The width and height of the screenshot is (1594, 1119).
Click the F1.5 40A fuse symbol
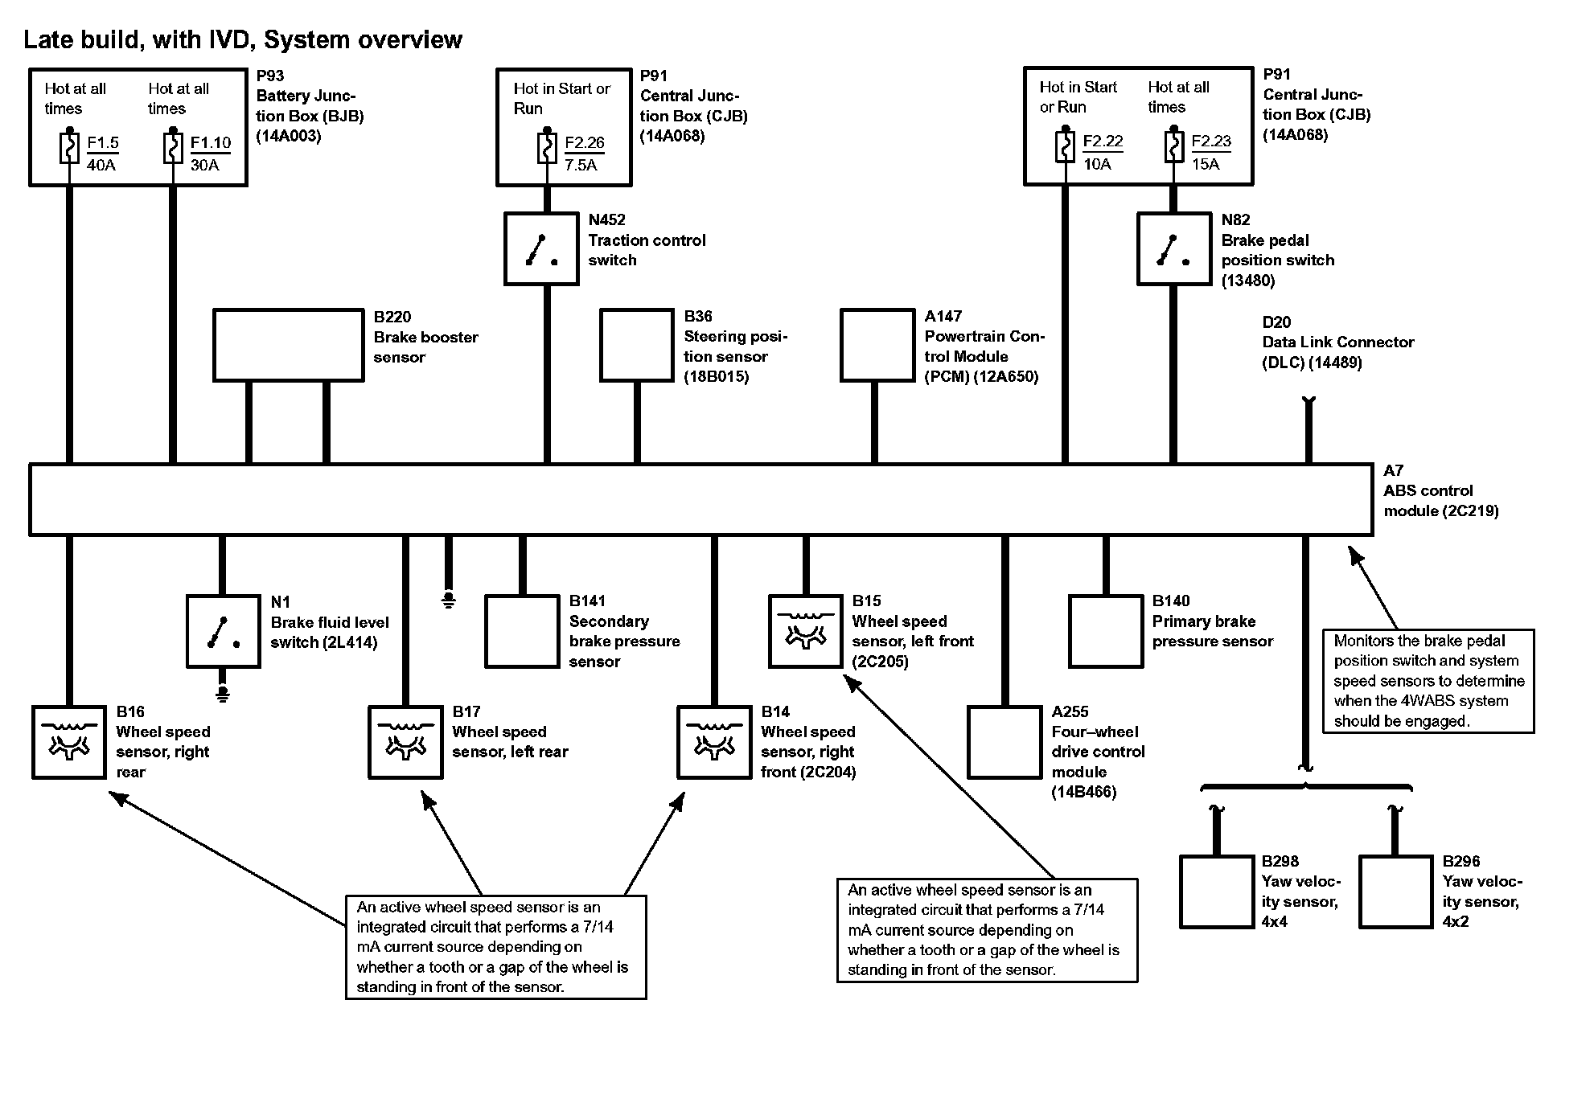[x=70, y=149]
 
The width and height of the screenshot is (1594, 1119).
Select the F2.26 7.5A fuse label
[x=584, y=153]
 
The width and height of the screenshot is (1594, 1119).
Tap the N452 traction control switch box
[x=541, y=248]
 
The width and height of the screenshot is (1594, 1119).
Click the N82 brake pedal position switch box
[x=1173, y=248]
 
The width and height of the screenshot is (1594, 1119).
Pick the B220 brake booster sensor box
[x=289, y=345]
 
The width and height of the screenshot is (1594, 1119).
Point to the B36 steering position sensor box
[x=636, y=345]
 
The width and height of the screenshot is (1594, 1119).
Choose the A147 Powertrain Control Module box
[x=877, y=345]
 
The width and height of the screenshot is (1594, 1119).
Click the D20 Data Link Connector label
[x=1337, y=342]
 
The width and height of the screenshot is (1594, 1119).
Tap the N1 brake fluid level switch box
[x=223, y=631]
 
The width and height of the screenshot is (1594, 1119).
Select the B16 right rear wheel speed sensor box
[x=69, y=742]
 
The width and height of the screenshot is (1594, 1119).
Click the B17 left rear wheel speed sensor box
[x=405, y=742]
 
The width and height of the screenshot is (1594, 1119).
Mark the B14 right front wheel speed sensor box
[x=714, y=742]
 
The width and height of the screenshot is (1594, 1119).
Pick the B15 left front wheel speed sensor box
[x=806, y=631]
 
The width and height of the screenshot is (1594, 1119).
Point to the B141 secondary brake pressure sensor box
[x=522, y=631]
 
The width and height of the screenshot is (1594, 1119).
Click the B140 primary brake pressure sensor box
[x=1106, y=631]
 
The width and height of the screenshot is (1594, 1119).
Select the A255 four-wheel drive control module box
[x=1004, y=742]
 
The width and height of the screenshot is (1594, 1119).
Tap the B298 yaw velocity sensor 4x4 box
[x=1217, y=892]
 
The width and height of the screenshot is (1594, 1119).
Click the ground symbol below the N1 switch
[x=223, y=693]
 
